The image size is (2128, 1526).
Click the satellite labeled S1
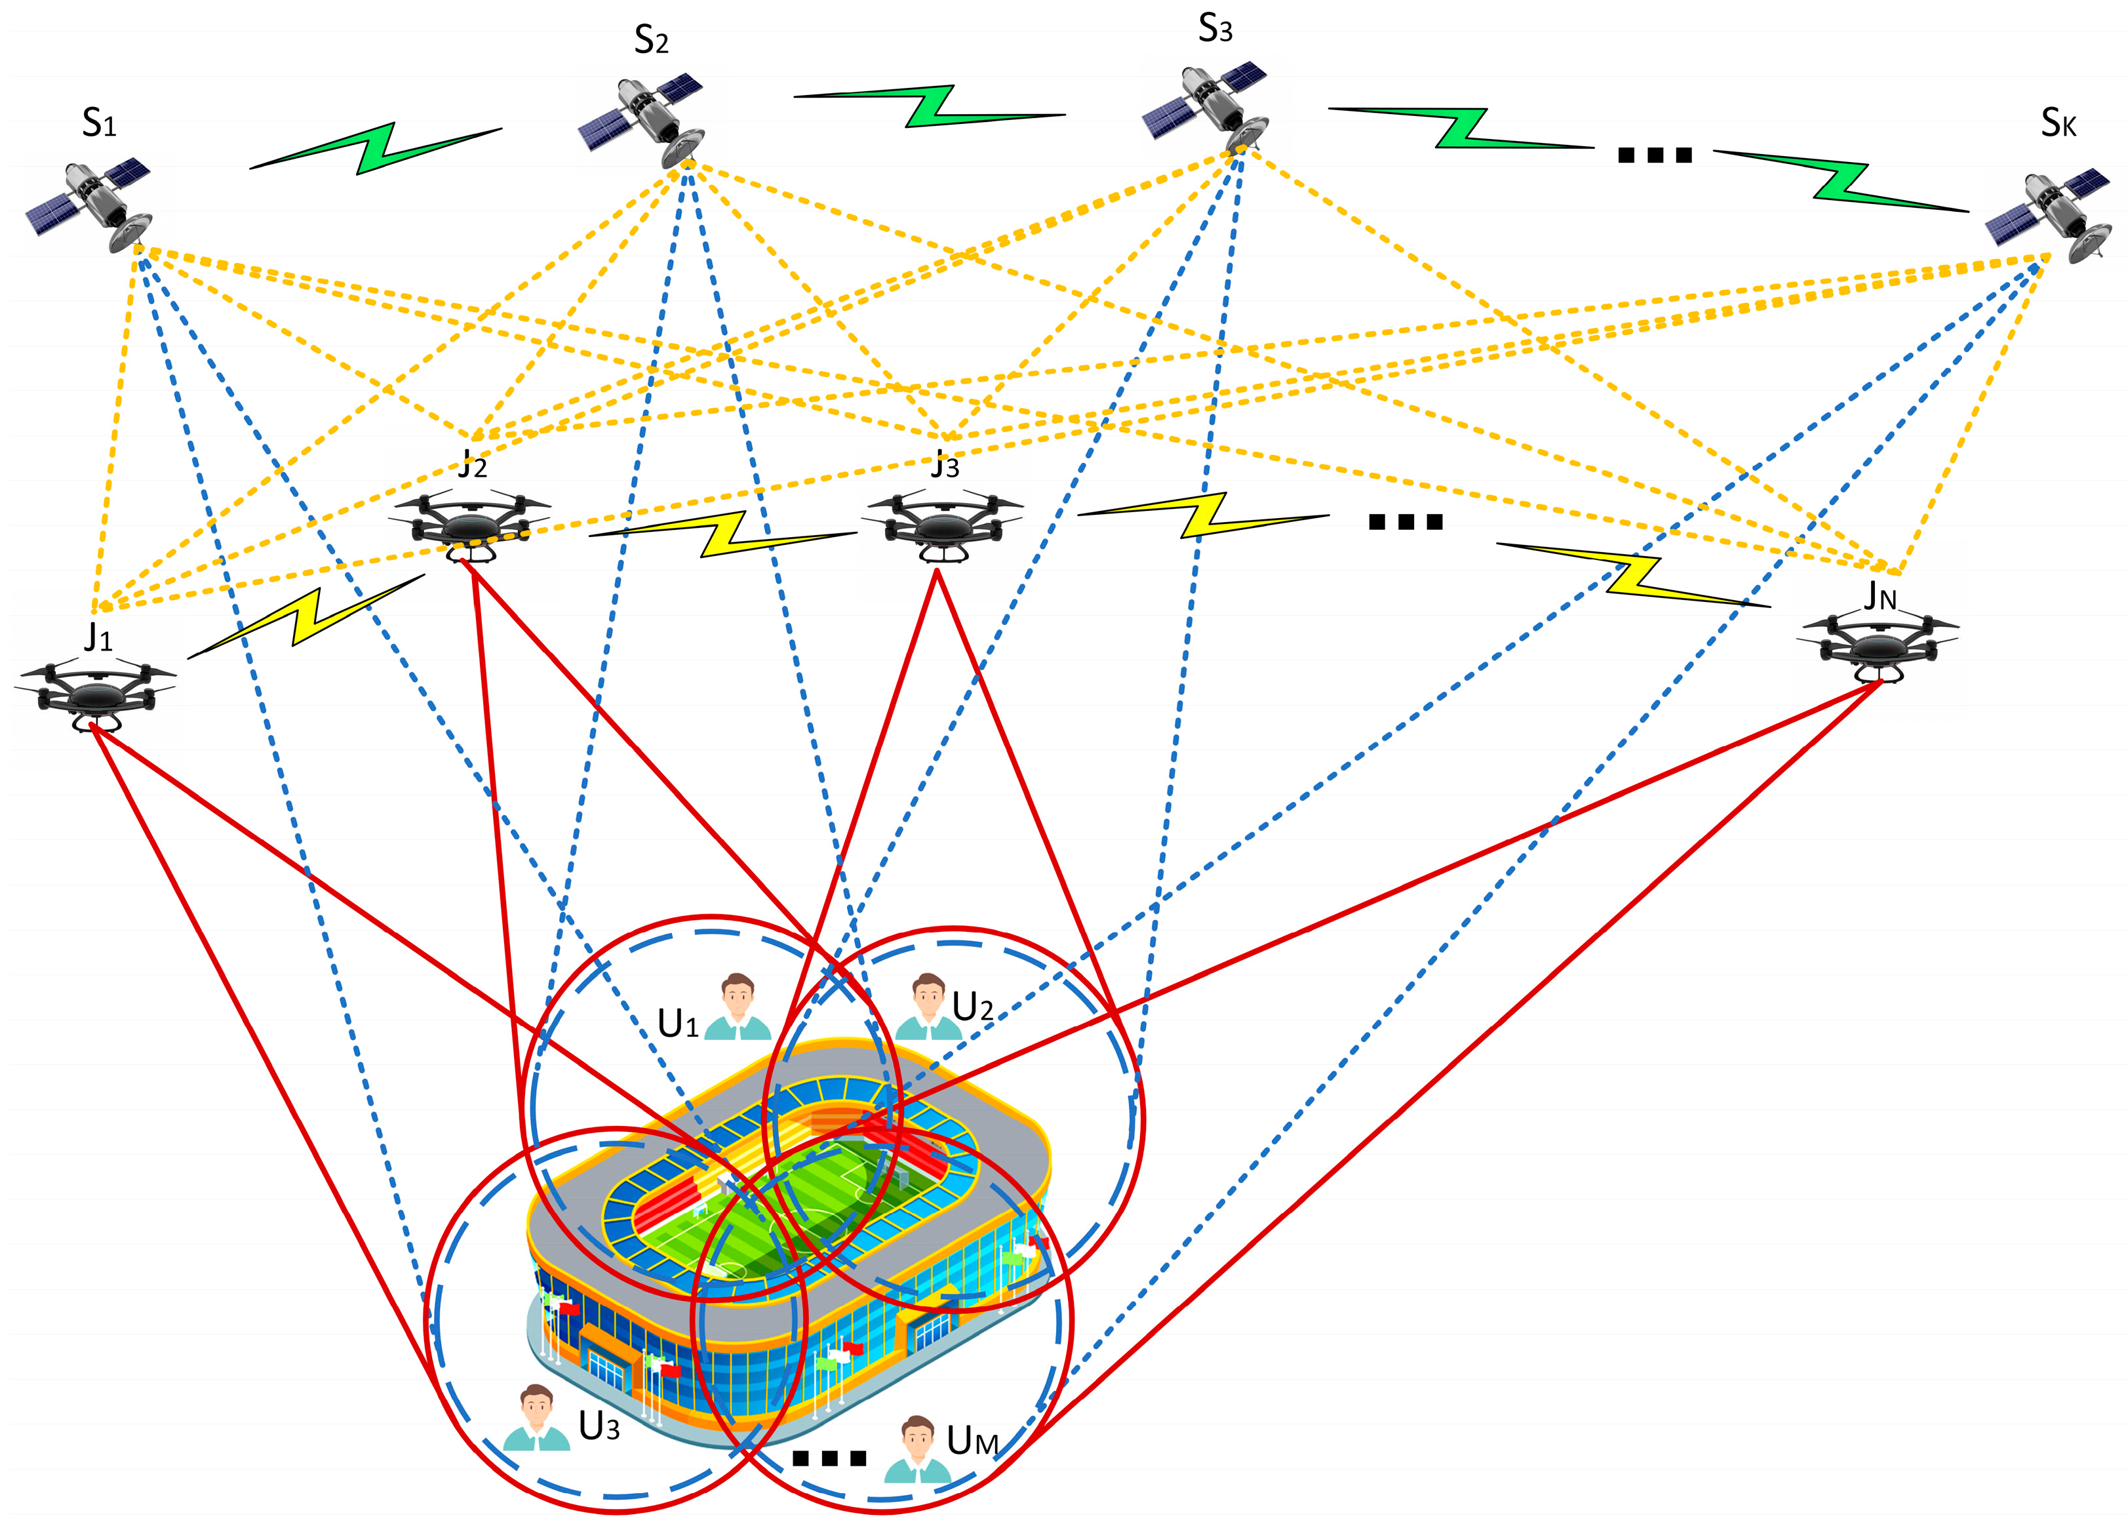[x=89, y=203]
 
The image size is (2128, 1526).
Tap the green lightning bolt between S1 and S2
[x=375, y=148]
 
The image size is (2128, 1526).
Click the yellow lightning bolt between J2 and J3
[x=723, y=535]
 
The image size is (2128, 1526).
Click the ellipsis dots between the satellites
[x=1654, y=155]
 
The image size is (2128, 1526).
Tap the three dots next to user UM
[x=829, y=1458]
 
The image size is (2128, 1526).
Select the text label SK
[x=2058, y=123]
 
